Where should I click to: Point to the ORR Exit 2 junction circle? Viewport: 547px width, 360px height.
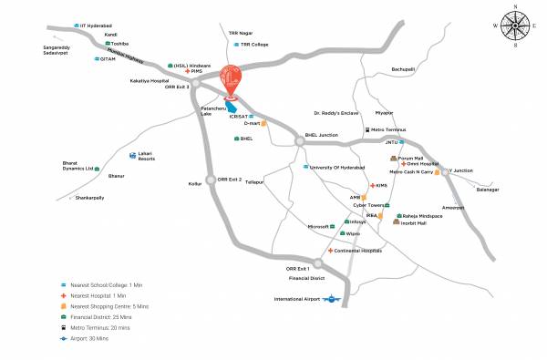(212, 180)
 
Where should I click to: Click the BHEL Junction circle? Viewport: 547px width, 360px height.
(300, 140)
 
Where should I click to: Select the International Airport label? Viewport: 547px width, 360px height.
(302, 299)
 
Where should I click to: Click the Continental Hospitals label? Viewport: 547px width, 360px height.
(356, 250)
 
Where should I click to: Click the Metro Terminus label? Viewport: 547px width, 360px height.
(394, 130)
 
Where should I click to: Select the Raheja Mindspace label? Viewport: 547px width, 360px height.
(422, 214)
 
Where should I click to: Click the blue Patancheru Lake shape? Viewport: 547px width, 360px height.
(220, 106)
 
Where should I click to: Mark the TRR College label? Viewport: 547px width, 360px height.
(254, 44)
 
